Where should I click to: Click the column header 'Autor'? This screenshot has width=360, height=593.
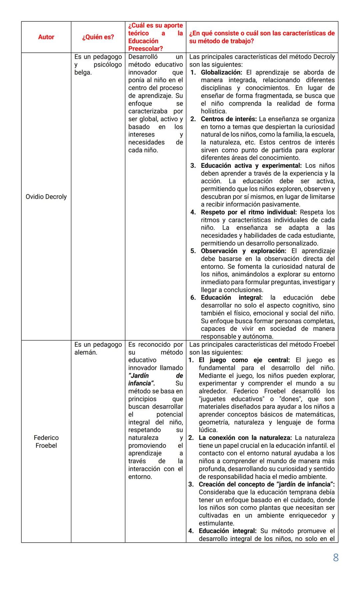[x=46, y=37]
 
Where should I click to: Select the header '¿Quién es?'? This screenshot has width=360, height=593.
[x=98, y=37]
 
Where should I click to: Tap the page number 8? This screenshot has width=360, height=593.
[x=336, y=558]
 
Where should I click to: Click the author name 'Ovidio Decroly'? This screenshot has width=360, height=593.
[x=46, y=197]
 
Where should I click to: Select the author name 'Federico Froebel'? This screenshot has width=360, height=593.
[x=46, y=442]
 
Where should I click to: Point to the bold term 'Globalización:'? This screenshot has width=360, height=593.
[x=221, y=72]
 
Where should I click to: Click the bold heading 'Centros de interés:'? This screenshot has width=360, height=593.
[x=229, y=119]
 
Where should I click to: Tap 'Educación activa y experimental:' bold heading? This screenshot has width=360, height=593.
[x=251, y=166]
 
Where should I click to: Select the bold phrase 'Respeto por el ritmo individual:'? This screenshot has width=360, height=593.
[x=249, y=212]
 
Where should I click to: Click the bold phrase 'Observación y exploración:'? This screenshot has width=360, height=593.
[x=243, y=251]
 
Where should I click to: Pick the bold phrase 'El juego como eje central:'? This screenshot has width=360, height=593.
[x=244, y=360]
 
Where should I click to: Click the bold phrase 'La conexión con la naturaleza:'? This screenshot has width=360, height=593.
[x=245, y=438]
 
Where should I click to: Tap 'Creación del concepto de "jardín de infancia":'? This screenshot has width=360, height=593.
[x=267, y=485]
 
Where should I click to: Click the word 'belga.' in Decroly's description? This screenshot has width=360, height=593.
[x=83, y=72]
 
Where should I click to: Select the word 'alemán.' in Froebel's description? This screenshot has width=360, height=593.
[x=86, y=353]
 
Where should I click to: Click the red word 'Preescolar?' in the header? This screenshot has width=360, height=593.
[x=145, y=49]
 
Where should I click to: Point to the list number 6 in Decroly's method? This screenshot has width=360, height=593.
[x=193, y=298]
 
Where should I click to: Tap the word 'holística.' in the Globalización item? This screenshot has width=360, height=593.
[x=214, y=111]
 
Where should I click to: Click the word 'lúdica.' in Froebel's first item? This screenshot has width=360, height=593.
[x=208, y=430]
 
